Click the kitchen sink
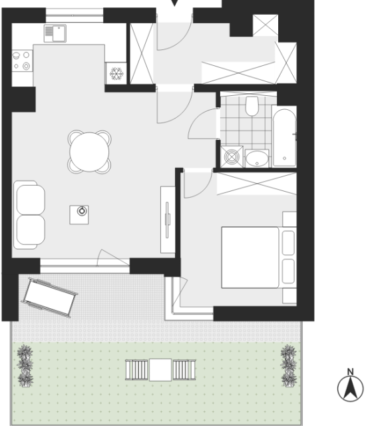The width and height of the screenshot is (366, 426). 55,33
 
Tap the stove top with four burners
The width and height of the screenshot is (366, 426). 22,61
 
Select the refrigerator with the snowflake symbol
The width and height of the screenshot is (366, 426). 116,73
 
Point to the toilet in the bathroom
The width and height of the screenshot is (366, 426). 252,106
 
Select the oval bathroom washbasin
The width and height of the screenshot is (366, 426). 257,158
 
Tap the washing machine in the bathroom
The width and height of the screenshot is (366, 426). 232,157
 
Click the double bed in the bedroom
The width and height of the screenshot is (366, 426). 259,258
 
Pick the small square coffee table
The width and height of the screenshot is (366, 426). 79,215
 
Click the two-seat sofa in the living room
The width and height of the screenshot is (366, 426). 29,215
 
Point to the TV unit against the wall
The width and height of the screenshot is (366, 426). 168,220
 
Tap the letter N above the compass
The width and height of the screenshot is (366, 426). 351,371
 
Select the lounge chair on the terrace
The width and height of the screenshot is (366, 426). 50,298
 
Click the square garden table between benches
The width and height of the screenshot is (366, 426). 160,370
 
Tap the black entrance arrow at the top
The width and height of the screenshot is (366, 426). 174,3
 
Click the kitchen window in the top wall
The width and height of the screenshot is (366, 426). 75,15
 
